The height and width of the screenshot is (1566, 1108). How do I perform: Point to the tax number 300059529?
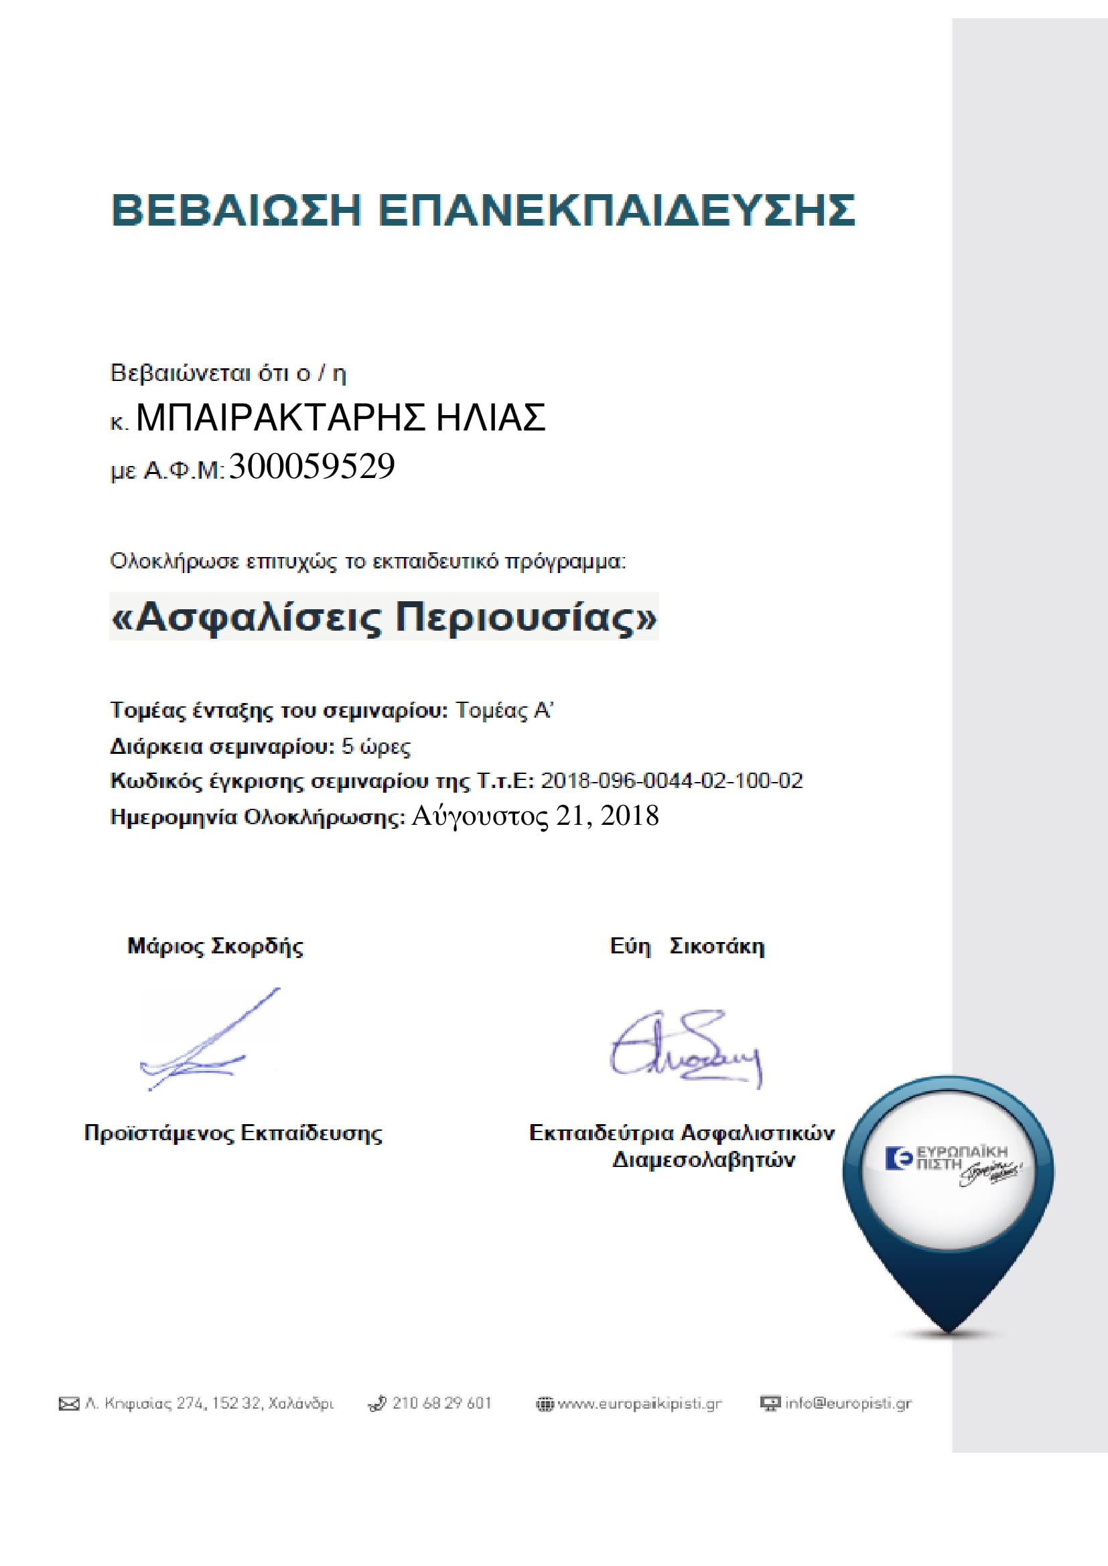(x=311, y=467)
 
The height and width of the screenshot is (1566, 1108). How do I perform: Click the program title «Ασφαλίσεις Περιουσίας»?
(x=383, y=617)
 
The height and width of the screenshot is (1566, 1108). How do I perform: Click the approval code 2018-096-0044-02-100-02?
(x=671, y=780)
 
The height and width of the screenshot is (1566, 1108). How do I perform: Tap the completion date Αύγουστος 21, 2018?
(x=535, y=815)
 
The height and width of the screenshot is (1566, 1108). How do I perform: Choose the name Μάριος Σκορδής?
(x=215, y=946)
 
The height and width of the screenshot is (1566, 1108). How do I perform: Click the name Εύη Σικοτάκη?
(x=687, y=946)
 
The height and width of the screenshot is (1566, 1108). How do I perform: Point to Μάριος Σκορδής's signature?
(x=205, y=1041)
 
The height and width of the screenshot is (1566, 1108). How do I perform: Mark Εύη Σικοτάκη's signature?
(x=685, y=1048)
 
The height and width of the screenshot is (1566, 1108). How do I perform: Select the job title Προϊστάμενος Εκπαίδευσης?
(x=232, y=1133)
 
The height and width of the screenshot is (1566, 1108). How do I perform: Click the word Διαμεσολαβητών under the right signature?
(x=703, y=1160)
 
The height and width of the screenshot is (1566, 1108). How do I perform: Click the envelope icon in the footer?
(x=69, y=1404)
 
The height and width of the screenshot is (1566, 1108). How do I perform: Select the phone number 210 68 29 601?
(x=441, y=1403)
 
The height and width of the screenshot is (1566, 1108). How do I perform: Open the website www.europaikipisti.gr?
(x=639, y=1404)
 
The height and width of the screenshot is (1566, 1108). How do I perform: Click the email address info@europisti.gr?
(x=848, y=1403)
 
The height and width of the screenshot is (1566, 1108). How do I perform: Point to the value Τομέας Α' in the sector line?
(x=504, y=711)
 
